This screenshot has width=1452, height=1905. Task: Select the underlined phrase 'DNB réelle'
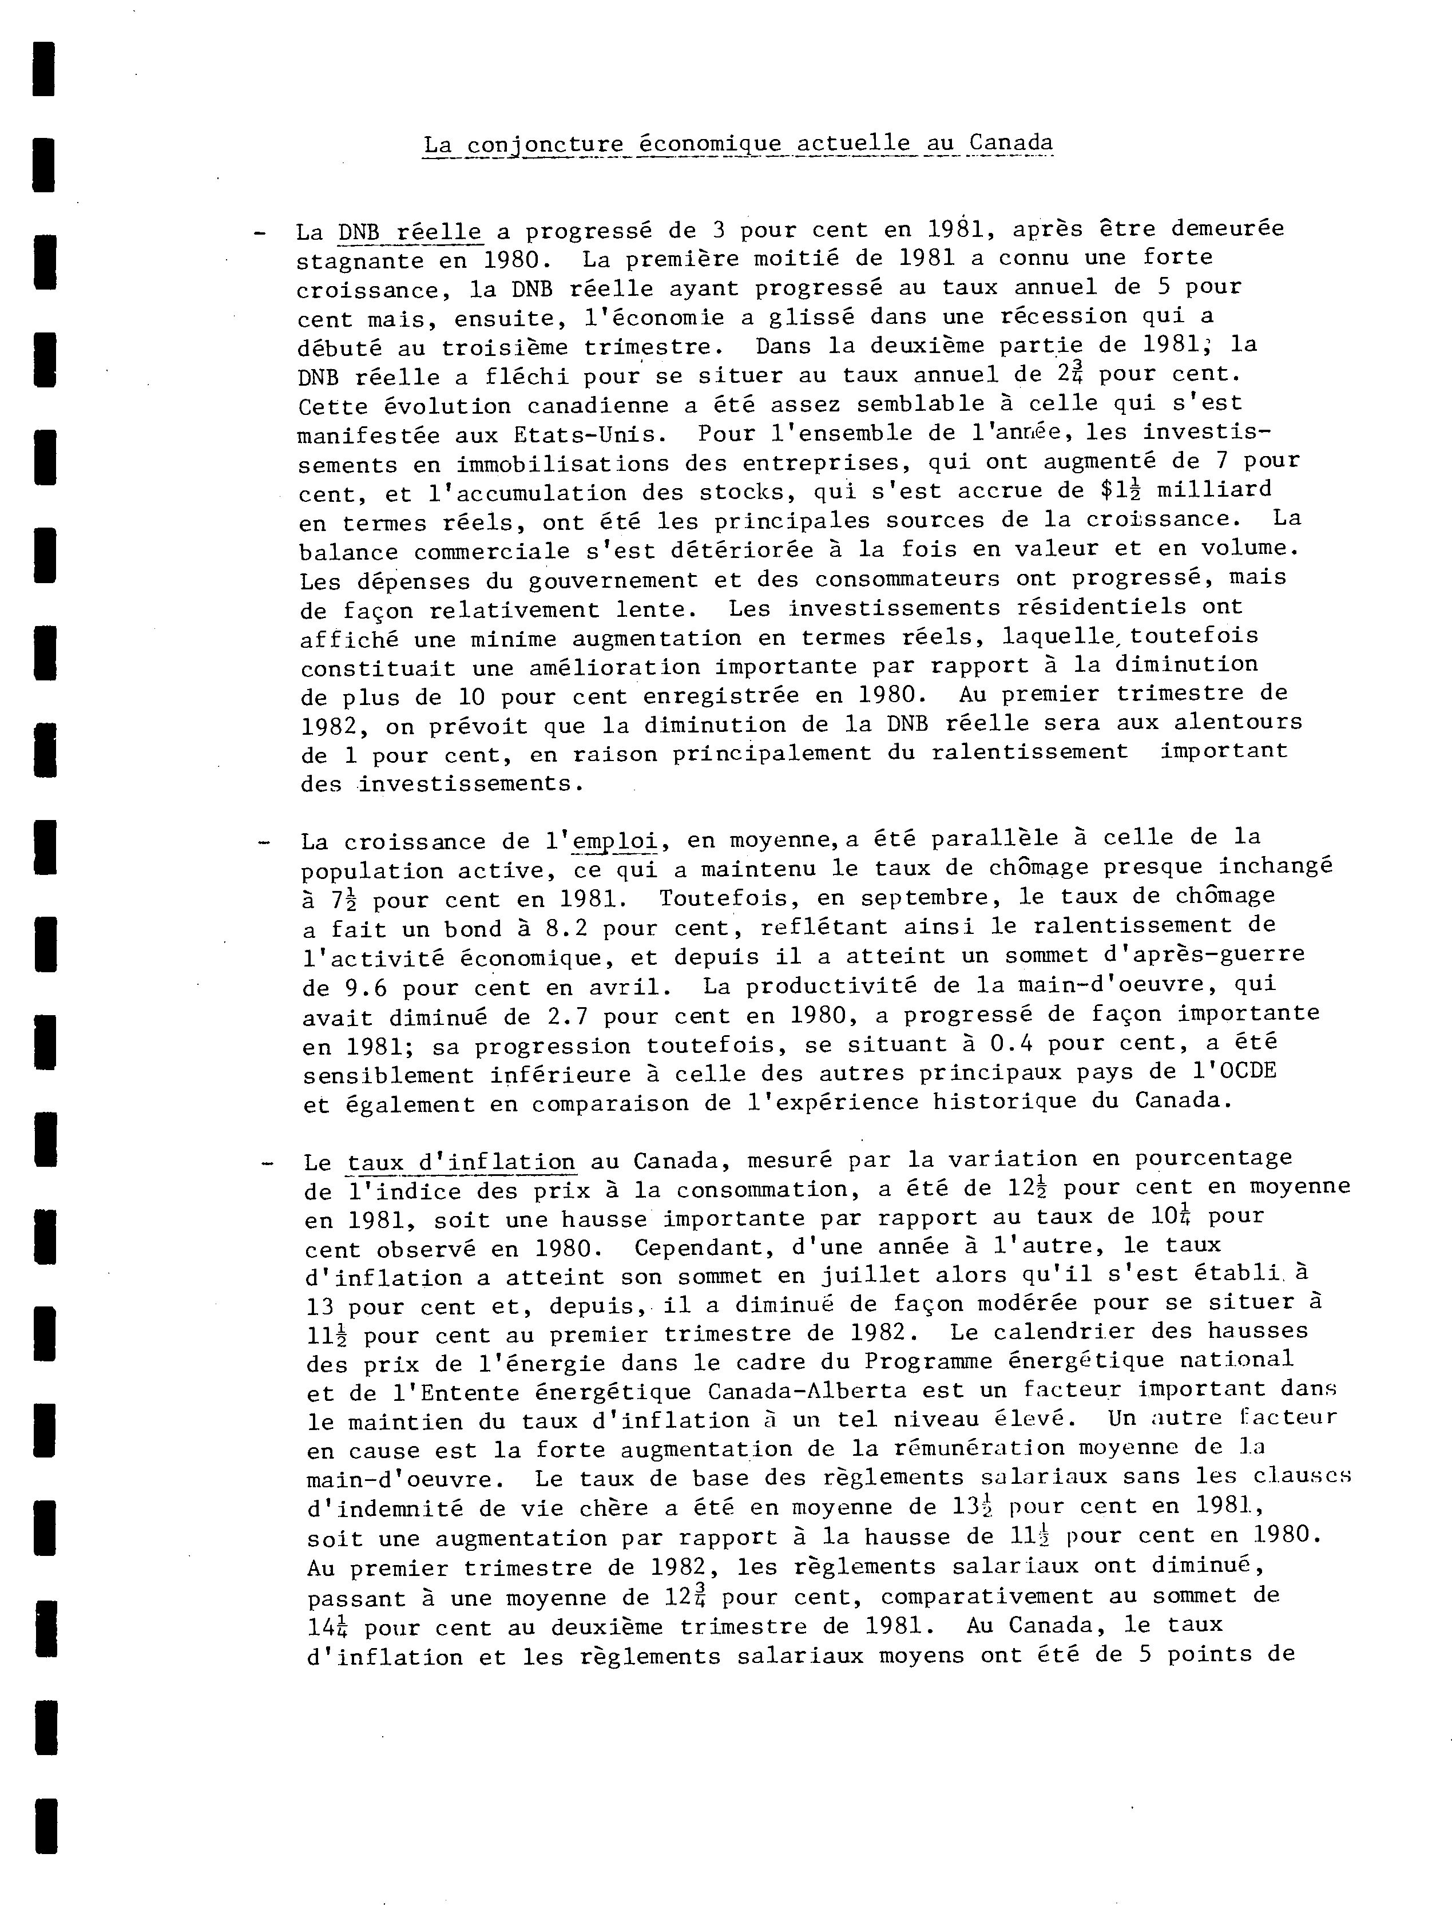pyautogui.click(x=410, y=232)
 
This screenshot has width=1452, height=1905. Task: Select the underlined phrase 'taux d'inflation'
pyautogui.click(x=461, y=1161)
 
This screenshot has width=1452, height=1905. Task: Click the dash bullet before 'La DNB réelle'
pyautogui.click(x=259, y=232)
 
